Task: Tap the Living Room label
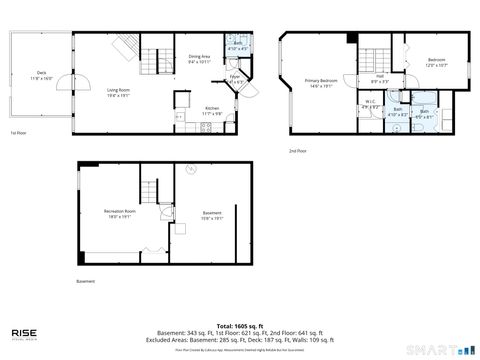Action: coord(120,93)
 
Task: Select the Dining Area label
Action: coord(199,59)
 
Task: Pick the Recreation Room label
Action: coord(119,214)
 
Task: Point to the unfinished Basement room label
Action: coord(211,214)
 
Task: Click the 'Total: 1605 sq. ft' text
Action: coord(239,326)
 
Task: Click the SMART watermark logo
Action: coord(440,348)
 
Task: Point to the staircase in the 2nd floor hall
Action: coord(373,56)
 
